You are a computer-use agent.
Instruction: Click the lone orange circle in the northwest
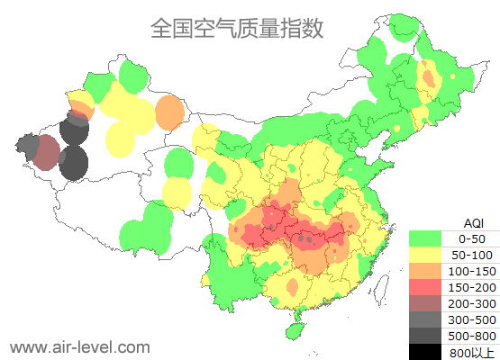(x=169, y=113)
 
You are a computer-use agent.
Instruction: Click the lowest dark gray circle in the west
(x=73, y=164)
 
